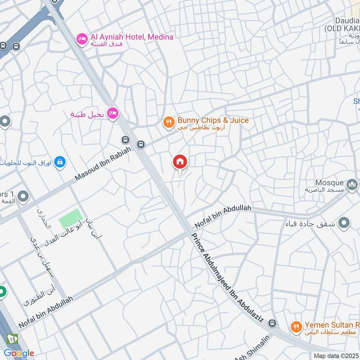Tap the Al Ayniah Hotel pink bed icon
coord(81,39)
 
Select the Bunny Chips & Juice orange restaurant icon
coord(168,122)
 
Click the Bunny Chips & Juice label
coord(213,121)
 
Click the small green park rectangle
coord(70,218)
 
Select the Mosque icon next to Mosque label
coord(352,184)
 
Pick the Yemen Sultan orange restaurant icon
coord(296,327)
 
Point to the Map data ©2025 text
coord(336,355)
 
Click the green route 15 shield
coord(11,338)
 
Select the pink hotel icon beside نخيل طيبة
coord(113,112)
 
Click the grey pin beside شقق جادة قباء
coord(344,222)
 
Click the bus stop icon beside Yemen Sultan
coord(272,323)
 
